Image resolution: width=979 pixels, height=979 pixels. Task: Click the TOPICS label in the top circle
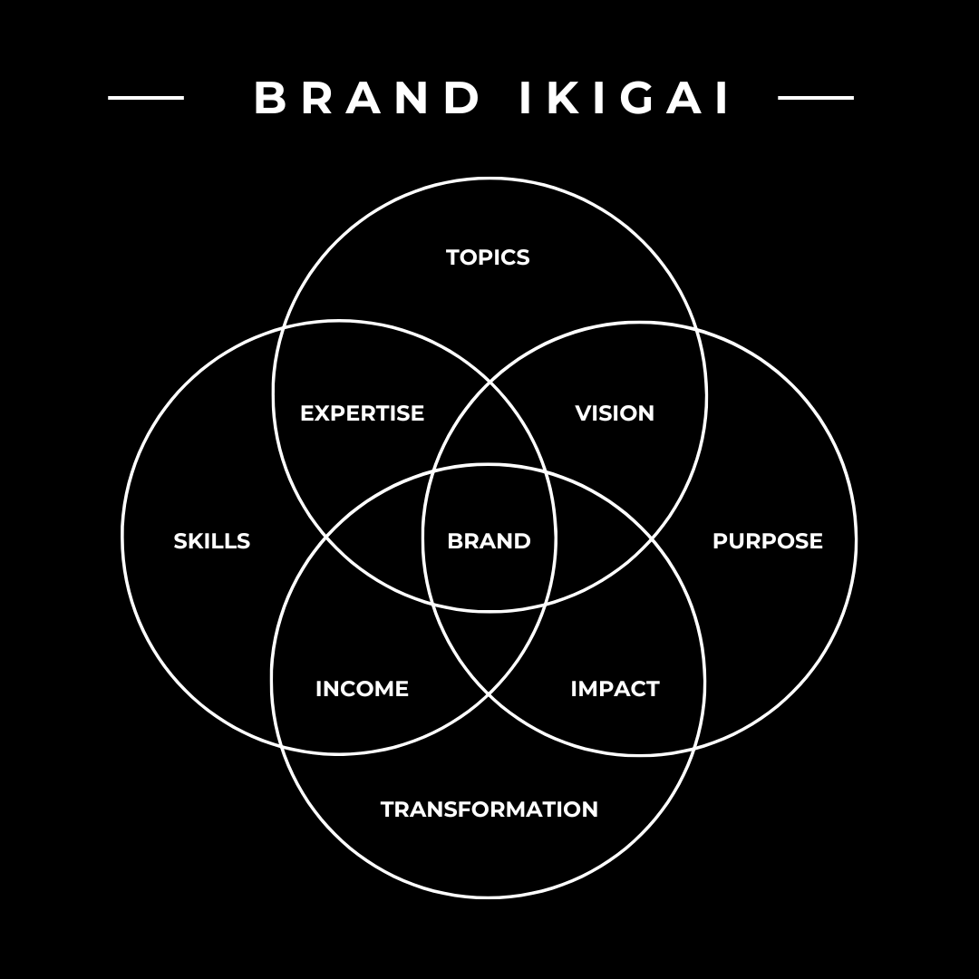click(x=488, y=257)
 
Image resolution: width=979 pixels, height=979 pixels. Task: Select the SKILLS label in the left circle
click(x=211, y=541)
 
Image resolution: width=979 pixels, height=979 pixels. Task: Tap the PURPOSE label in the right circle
click(x=767, y=541)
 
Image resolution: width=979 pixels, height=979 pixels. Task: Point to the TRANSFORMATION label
click(x=489, y=809)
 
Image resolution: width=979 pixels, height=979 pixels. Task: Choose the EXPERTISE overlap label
click(x=362, y=413)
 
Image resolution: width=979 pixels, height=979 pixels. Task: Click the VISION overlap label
click(x=615, y=413)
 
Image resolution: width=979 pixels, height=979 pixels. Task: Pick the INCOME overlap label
click(x=362, y=689)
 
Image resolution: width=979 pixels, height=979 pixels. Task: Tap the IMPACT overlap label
click(x=615, y=689)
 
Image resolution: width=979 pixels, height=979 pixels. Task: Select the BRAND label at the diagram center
click(x=489, y=541)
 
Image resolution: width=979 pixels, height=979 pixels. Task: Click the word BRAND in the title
click(x=367, y=98)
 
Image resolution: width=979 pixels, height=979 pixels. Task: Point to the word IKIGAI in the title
click(x=625, y=98)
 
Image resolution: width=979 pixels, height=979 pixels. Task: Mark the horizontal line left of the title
click(x=146, y=98)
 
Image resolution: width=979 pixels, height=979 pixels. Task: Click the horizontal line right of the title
click(x=816, y=98)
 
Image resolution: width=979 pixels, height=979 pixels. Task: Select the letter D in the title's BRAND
click(x=462, y=98)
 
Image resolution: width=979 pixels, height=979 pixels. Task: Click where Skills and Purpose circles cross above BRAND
click(x=489, y=383)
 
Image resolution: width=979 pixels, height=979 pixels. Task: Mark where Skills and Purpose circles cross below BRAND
click(x=489, y=694)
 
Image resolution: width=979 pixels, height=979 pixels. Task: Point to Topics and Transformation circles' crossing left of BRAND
click(x=326, y=538)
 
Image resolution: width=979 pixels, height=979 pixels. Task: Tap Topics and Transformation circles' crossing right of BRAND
click(x=652, y=538)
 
